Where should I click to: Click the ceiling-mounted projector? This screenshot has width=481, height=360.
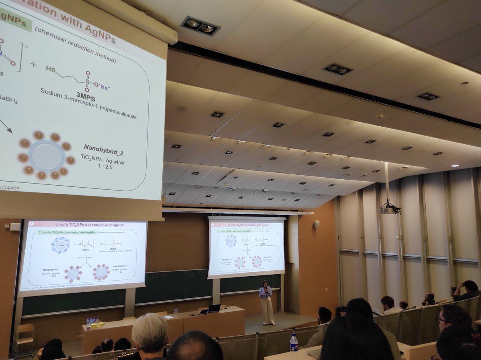(x=388, y=209)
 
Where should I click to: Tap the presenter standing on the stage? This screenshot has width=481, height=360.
(x=266, y=301)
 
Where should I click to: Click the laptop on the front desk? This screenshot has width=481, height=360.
(x=213, y=308)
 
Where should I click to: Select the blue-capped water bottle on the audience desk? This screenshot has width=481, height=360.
(x=294, y=343)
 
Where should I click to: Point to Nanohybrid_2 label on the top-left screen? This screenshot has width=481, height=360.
(x=103, y=147)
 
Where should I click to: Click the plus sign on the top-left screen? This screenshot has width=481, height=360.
(x=34, y=64)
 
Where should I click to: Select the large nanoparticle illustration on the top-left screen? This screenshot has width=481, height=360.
(x=46, y=155)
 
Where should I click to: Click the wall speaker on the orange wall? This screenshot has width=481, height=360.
(x=317, y=224)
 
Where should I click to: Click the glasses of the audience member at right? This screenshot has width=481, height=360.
(x=441, y=320)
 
